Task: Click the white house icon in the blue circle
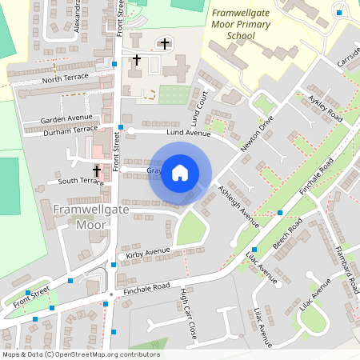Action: [x=180, y=173]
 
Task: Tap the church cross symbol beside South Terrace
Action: [x=97, y=170]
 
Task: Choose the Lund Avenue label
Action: [x=170, y=132]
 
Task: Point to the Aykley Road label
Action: [x=325, y=107]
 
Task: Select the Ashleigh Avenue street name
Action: [x=238, y=206]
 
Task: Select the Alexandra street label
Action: [x=77, y=14]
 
